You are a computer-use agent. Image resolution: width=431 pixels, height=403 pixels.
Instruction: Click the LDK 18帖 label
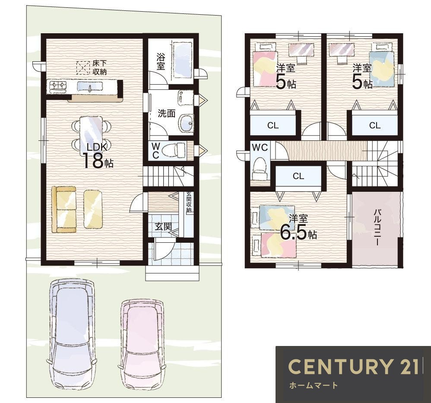tap(98, 155)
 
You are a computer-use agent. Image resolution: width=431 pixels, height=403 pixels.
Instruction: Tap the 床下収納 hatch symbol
tap(83, 68)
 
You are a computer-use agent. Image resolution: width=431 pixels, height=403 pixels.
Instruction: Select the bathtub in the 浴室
tap(182, 60)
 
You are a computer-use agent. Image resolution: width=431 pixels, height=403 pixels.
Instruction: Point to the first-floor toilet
tap(174, 150)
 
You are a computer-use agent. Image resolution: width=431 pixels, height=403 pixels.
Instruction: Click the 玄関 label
tap(163, 226)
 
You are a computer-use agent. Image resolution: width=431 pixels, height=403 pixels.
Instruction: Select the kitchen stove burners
tap(58, 86)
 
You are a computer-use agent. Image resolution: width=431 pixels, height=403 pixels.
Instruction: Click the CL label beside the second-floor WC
tap(298, 176)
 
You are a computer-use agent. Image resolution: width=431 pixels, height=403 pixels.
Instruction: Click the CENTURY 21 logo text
tap(354, 366)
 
